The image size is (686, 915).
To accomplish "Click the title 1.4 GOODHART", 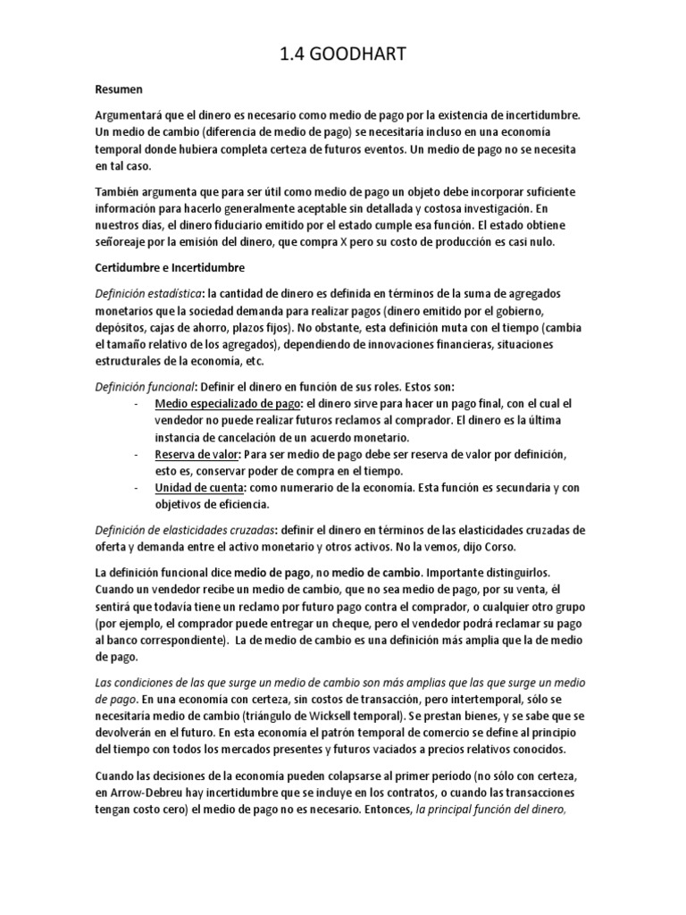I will tap(343, 55).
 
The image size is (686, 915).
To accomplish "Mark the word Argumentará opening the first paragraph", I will tap(135, 115).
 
